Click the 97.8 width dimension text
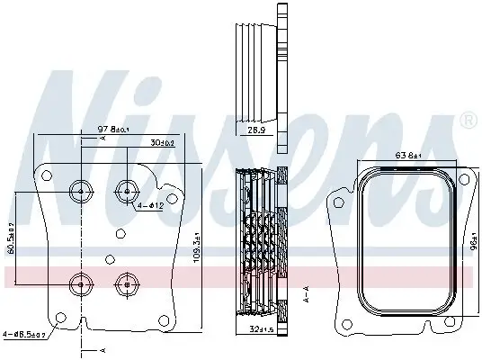pyautogui.click(x=114, y=130)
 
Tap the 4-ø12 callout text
pyautogui.click(x=149, y=207)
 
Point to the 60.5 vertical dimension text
pyautogui.click(x=12, y=238)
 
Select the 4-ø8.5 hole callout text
pyautogui.click(x=26, y=333)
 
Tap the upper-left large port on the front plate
pyautogui.click(x=81, y=190)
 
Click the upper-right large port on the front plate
pyautogui.click(x=125, y=190)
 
